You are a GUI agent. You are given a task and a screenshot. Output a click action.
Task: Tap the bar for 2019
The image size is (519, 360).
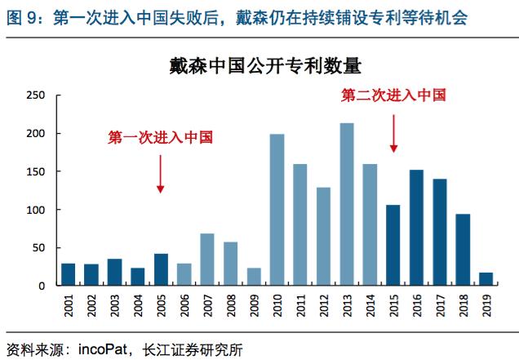point(486,278)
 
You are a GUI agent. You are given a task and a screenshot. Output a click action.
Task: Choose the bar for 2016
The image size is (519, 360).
point(415,228)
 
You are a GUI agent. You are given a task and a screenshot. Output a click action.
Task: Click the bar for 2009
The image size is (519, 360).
point(253,277)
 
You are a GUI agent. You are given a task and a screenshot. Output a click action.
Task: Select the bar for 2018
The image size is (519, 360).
point(462,250)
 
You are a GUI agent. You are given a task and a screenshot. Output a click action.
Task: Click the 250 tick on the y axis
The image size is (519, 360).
point(36,96)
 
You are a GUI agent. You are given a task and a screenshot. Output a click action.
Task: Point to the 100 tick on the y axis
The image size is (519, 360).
point(36,210)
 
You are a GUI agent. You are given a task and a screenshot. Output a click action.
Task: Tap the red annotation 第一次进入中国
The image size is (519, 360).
point(160,138)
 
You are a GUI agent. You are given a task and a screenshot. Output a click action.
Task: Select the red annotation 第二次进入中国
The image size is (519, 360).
point(393,96)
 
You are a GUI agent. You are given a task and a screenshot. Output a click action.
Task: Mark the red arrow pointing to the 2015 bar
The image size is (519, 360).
point(393,133)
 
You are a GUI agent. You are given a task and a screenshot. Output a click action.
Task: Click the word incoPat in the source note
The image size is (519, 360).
point(101,349)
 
